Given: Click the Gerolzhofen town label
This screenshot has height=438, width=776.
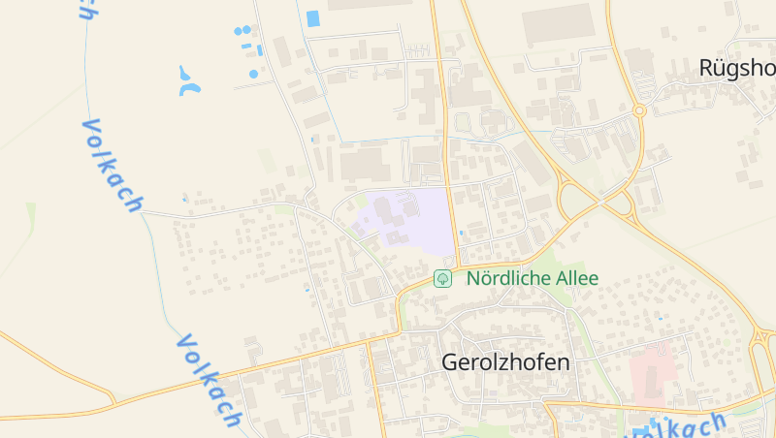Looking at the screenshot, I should pyautogui.click(x=505, y=362).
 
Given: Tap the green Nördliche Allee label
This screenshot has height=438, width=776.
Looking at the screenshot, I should pyautogui.click(x=533, y=279).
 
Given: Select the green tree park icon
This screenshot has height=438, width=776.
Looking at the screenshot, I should pyautogui.click(x=442, y=279).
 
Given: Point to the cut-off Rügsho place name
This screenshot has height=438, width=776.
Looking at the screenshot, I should pyautogui.click(x=736, y=68).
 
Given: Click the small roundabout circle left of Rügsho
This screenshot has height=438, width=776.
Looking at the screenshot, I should pyautogui.click(x=639, y=110).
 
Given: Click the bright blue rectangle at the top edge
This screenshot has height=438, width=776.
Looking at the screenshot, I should pyautogui.click(x=313, y=17).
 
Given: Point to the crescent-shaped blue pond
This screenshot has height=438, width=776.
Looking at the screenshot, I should pyautogui.click(x=188, y=83).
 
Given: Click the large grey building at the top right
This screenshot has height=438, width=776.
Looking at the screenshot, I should pyautogui.click(x=558, y=24).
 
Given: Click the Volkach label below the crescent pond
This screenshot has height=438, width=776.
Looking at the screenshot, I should pyautogui.click(x=112, y=165).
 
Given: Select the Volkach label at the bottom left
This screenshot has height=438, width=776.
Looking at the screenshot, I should pyautogui.click(x=209, y=380).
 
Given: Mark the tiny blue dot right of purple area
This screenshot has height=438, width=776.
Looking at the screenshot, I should pyautogui.click(x=461, y=234).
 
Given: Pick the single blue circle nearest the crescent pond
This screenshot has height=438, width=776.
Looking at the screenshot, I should pyautogui.click(x=254, y=74).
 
